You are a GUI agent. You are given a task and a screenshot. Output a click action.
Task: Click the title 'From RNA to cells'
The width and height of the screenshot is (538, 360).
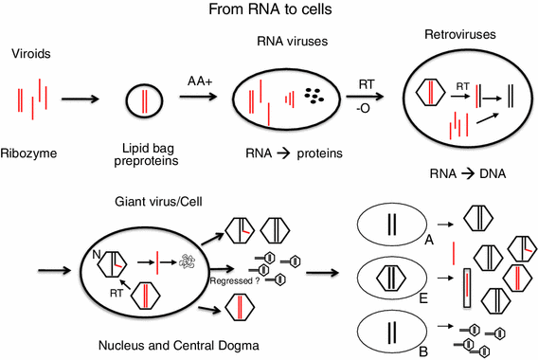tap(270, 12)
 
